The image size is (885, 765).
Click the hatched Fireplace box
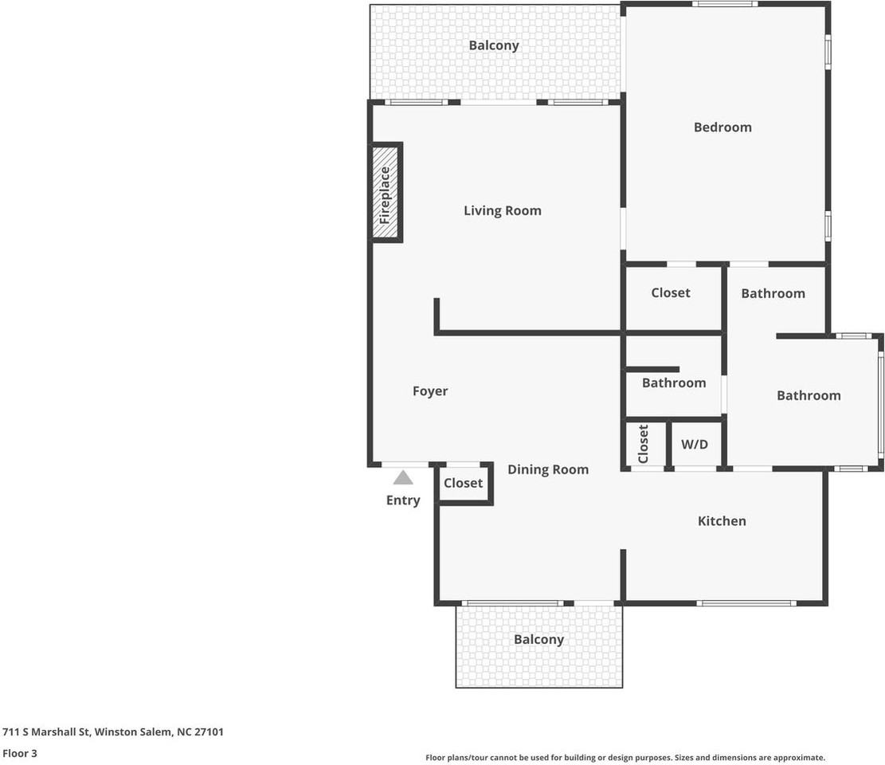pos(386,193)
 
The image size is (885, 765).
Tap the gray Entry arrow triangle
pos(403,477)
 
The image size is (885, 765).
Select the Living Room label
pos(503,210)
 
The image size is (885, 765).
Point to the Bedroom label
pos(722,127)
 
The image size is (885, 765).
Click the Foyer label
pos(430,390)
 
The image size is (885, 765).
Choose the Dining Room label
pos(547,469)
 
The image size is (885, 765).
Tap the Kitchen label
pos(722,520)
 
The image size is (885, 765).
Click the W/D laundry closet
pos(695,444)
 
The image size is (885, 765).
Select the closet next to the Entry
pos(463,483)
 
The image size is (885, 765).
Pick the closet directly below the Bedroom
pos(672,297)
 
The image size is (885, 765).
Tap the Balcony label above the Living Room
pos(494,45)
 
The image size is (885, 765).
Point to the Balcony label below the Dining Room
pos(538,639)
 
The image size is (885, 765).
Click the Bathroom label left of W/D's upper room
pos(674,382)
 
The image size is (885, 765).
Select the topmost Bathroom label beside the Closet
pos(773,293)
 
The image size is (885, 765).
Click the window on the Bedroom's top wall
pos(725,4)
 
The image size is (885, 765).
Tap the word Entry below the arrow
pos(403,500)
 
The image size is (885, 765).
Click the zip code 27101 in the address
pos(209,732)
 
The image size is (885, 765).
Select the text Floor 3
pos(20,753)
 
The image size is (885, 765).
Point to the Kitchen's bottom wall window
pos(746,603)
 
